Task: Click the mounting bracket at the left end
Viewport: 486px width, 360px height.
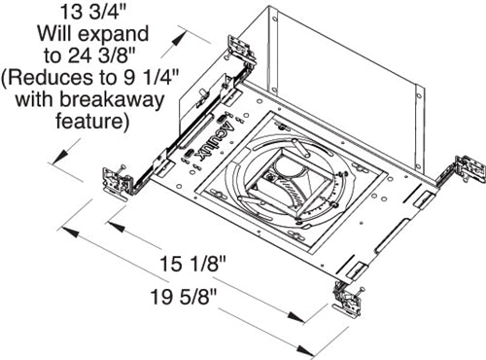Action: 120,182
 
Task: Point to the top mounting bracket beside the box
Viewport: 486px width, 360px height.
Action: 239,51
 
